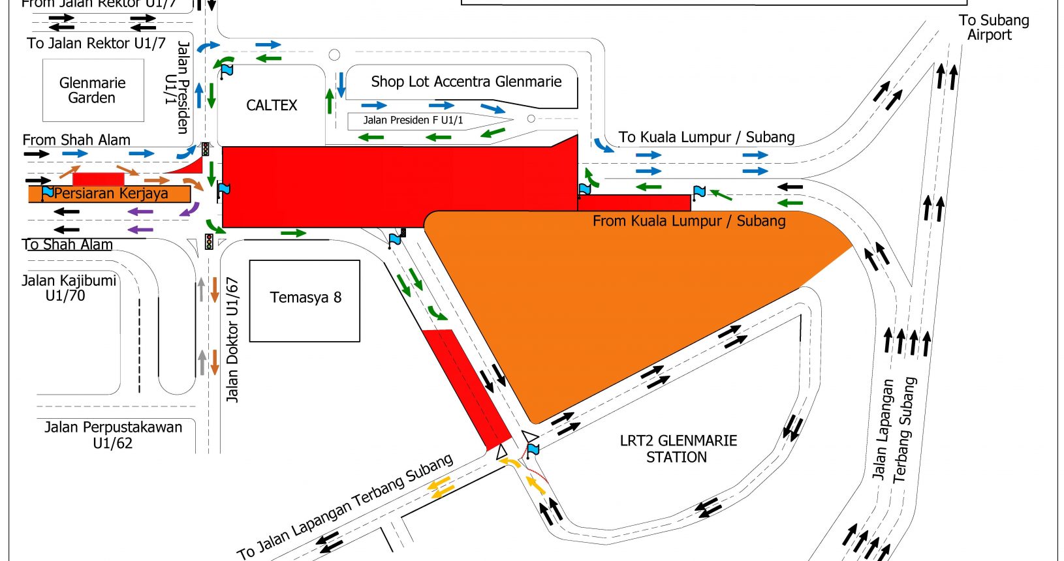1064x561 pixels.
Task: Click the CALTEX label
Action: pos(272,105)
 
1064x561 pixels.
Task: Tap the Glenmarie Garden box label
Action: pos(92,90)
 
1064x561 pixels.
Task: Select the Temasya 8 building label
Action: pos(305,297)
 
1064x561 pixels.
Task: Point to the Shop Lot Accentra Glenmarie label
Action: pos(466,82)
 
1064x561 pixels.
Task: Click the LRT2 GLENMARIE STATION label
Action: pos(678,449)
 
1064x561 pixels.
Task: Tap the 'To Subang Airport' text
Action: pos(993,27)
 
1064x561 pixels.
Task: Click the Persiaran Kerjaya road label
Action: pos(111,194)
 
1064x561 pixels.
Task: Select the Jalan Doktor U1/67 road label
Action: pos(232,339)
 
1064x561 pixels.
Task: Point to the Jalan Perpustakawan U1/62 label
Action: pos(113,435)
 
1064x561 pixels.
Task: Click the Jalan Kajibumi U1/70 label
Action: pos(68,288)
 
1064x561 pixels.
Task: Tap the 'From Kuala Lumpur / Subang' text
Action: pos(689,221)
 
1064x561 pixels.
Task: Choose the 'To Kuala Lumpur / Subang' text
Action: pos(706,137)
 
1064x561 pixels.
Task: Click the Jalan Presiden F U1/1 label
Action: pos(413,120)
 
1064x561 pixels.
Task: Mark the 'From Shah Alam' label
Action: pos(76,140)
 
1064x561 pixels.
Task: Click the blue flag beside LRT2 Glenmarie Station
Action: pos(533,449)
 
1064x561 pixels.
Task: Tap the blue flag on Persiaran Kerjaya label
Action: pos(48,192)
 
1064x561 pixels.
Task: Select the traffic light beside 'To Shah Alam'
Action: pos(209,242)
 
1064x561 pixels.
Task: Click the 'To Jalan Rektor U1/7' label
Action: pos(97,44)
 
